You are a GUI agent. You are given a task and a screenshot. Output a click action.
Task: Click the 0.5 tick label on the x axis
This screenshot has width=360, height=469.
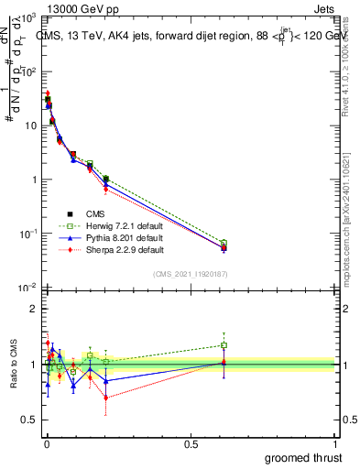pos(191,442)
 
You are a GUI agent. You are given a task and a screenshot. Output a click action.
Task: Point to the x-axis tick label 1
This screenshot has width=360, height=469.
pos(335,442)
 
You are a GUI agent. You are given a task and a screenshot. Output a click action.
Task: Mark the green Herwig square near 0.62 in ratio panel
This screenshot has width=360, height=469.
pos(224,345)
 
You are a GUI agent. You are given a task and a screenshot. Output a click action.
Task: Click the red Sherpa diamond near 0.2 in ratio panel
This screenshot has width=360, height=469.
pos(106,398)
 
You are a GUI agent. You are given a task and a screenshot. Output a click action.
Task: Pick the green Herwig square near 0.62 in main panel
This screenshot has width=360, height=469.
pos(224,243)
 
